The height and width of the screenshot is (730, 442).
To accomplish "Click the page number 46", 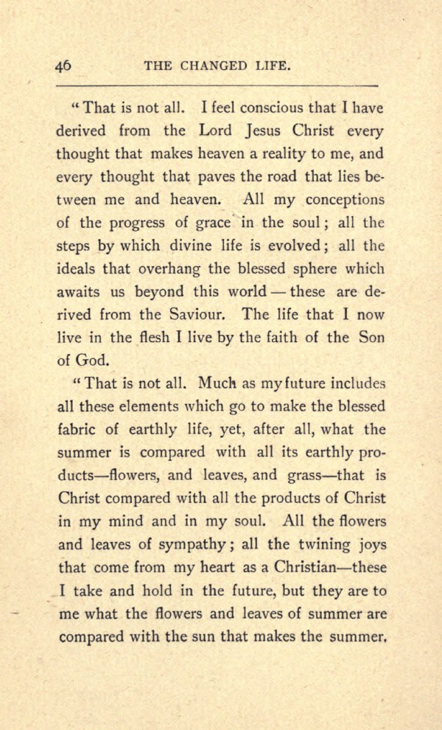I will pyautogui.click(x=63, y=66).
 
